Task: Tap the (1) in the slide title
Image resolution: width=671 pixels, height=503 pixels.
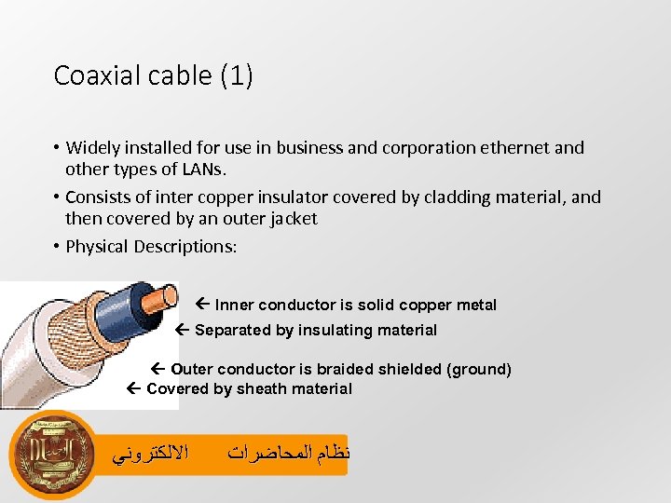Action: (x=237, y=75)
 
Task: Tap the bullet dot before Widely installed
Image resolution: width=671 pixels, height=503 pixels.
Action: (x=57, y=147)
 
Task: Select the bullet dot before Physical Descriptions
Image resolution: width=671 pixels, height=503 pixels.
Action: (x=57, y=247)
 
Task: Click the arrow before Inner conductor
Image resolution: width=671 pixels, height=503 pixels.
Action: (x=204, y=305)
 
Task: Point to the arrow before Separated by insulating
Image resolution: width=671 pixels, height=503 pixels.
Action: (x=183, y=330)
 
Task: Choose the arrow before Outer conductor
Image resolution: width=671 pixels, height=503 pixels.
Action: (x=159, y=369)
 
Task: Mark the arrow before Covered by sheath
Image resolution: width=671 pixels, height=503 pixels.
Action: (x=134, y=388)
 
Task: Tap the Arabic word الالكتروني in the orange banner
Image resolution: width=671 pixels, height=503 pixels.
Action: (x=149, y=455)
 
